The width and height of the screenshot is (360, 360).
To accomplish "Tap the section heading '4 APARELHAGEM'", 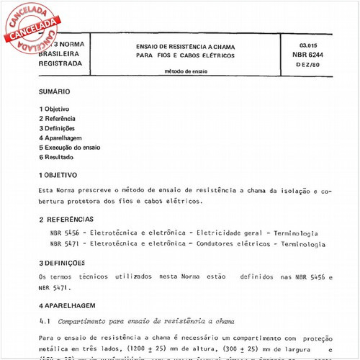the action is [x=66, y=306].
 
